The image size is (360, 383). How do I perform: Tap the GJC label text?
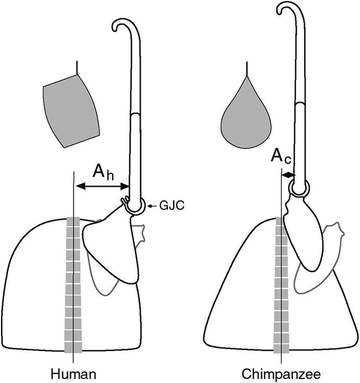point(171,206)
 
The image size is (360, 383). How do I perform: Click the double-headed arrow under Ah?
point(102,187)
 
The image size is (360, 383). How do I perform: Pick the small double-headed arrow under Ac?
point(288,175)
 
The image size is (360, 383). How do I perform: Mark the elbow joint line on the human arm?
point(135,114)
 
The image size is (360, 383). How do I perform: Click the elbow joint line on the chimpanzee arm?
point(300,104)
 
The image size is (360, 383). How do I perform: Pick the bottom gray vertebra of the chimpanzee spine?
point(281,349)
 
